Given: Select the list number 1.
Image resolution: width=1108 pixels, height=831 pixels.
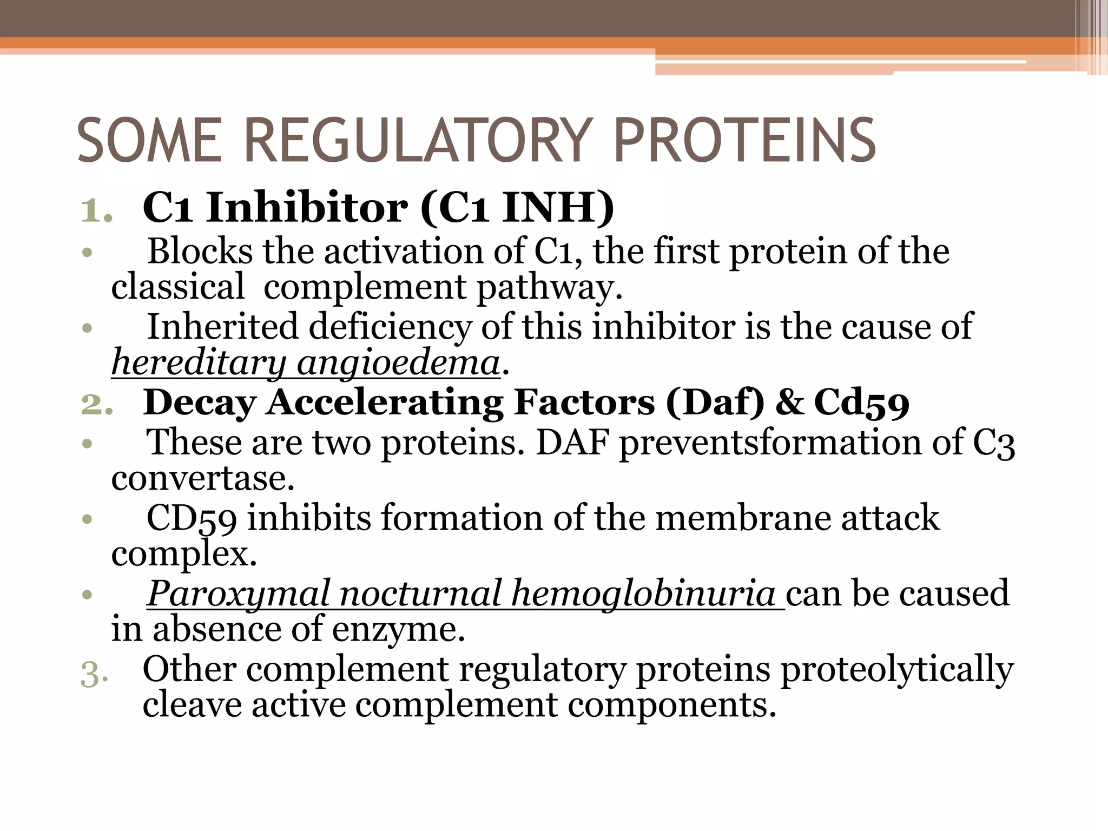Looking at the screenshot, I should [96, 211].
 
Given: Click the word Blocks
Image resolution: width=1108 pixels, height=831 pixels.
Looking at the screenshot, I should [200, 252].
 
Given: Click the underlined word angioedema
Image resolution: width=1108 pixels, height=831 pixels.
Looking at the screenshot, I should [398, 362].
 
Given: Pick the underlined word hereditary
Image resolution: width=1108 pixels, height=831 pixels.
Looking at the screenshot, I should [199, 362].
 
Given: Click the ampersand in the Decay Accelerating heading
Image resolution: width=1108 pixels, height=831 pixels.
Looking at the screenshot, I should [789, 403].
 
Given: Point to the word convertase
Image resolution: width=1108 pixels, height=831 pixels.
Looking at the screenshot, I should [203, 478].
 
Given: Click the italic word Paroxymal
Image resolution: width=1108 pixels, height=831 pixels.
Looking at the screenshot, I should [238, 594].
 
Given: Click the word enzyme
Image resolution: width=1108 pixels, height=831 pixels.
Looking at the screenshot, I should [398, 630].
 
